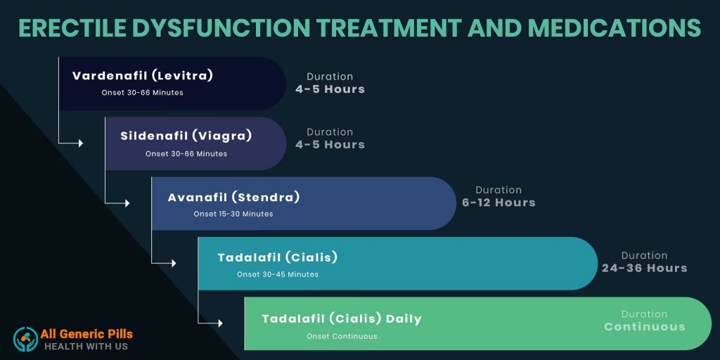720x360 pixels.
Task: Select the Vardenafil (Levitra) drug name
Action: pyautogui.click(x=143, y=76)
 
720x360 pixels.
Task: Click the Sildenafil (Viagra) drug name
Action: pyautogui.click(x=186, y=136)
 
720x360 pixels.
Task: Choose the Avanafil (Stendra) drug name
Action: pyautogui.click(x=233, y=198)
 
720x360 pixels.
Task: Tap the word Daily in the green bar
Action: pyautogui.click(x=404, y=319)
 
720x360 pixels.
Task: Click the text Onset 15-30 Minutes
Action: pyautogui.click(x=233, y=214)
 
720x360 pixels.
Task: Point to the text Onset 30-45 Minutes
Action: pyautogui.click(x=278, y=275)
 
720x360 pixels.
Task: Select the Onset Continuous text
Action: pyautogui.click(x=342, y=336)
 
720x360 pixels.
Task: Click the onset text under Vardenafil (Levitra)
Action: pyautogui.click(x=142, y=93)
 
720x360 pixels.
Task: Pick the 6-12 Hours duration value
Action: pyautogui.click(x=499, y=202)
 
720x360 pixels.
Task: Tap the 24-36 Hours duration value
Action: pyautogui.click(x=645, y=268)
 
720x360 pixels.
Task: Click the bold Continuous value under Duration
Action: pyautogui.click(x=645, y=327)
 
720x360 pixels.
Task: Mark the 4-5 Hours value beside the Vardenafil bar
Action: pyautogui.click(x=330, y=89)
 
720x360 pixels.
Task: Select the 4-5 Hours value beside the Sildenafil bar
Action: pyautogui.click(x=330, y=145)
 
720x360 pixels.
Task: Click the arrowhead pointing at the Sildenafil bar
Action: pyautogui.click(x=81, y=143)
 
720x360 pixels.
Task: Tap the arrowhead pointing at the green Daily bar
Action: pyautogui.click(x=220, y=323)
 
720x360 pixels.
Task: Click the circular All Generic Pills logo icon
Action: pyautogui.click(x=26, y=340)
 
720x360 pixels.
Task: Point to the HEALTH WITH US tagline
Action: pyautogui.click(x=86, y=346)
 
